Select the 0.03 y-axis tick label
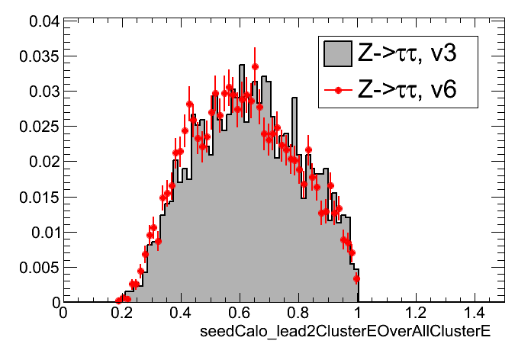tap(40, 92)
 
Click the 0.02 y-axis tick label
tap(40, 162)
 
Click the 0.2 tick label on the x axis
tap(121, 313)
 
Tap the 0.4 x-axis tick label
tap(180, 313)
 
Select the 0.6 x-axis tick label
tap(239, 313)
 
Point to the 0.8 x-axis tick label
tap(298, 313)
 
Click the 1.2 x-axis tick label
tap(416, 313)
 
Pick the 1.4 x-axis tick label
tap(475, 313)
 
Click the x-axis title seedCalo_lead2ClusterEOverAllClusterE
tap(344, 334)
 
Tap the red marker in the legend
tap(336, 90)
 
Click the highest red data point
tap(255, 66)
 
